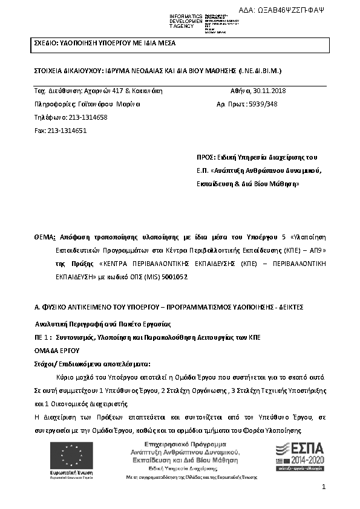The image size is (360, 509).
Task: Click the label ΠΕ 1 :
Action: pyautogui.click(x=42, y=337)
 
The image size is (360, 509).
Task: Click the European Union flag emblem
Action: pyautogui.click(x=67, y=453)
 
